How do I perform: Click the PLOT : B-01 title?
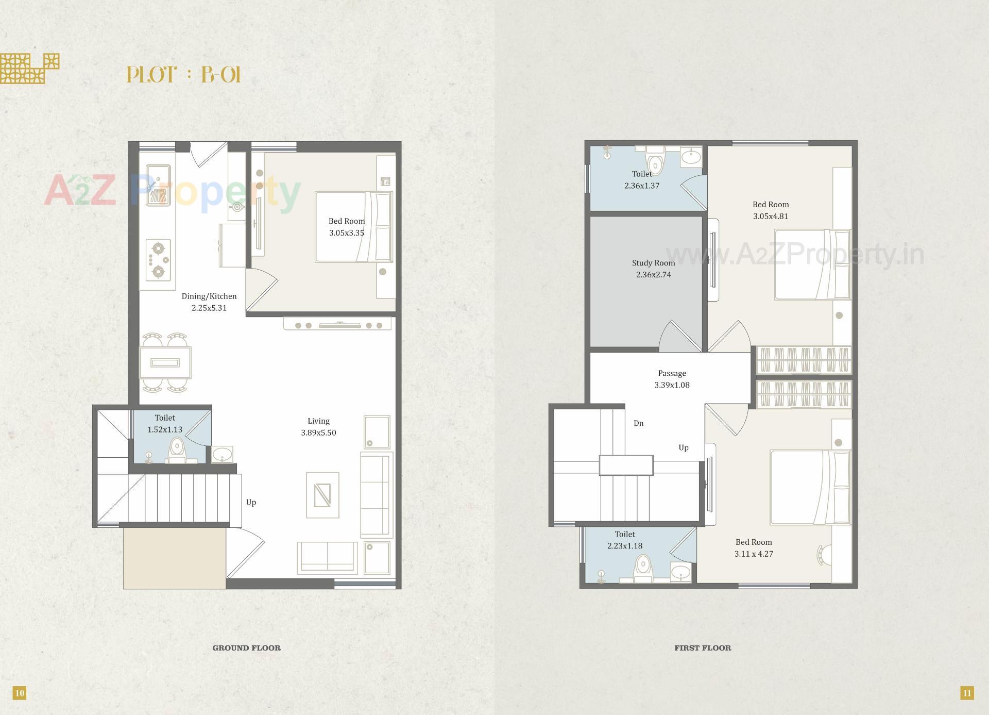tap(183, 75)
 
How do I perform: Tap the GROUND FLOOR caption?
tap(246, 648)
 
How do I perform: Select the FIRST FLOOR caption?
tap(703, 648)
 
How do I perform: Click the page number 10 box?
tap(19, 693)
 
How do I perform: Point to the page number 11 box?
tap(967, 693)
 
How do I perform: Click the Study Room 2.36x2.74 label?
tap(653, 269)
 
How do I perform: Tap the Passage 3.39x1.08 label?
tap(672, 379)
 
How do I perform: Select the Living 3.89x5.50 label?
tap(318, 427)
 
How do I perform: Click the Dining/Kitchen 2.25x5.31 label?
tap(209, 302)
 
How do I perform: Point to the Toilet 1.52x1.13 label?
tap(165, 423)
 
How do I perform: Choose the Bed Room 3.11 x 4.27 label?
tap(754, 548)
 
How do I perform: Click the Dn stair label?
tap(638, 423)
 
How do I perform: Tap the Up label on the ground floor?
tap(251, 502)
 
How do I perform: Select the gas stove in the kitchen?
tap(158, 260)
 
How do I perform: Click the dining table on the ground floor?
tap(165, 363)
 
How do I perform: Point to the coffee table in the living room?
tap(322, 495)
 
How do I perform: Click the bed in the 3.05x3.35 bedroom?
tap(353, 227)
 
